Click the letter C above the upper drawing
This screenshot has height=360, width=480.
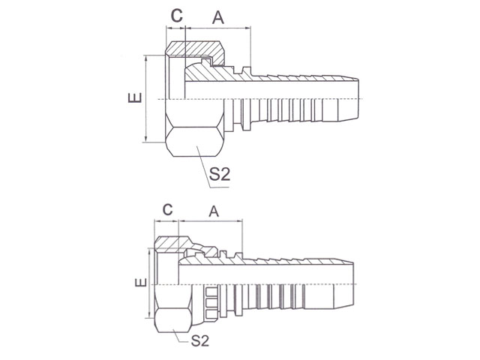pyautogui.click(x=177, y=16)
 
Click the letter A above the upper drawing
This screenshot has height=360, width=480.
pyautogui.click(x=218, y=17)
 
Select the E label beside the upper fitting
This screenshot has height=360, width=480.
pyautogui.click(x=135, y=97)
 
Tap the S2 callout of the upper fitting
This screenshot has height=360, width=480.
pyautogui.click(x=220, y=174)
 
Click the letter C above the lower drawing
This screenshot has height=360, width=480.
pyautogui.click(x=167, y=210)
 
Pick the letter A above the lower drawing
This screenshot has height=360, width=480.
pyautogui.click(x=214, y=211)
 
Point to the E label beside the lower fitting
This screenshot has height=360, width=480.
pyautogui.click(x=141, y=282)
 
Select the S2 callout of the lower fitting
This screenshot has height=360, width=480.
pyautogui.click(x=200, y=340)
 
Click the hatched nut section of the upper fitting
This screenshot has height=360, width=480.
pyautogui.click(x=196, y=50)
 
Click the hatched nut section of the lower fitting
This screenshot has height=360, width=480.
pyautogui.click(x=172, y=244)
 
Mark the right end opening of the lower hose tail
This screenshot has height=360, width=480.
pyautogui.click(x=353, y=284)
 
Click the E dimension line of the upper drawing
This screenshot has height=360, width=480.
pyautogui.click(x=146, y=99)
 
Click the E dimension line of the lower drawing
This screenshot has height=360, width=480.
pyautogui.click(x=149, y=283)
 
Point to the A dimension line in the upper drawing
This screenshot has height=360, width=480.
pyautogui.click(x=218, y=28)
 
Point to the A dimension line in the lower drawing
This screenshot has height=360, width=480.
pyautogui.click(x=210, y=220)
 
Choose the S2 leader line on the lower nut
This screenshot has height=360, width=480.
pyautogui.click(x=180, y=337)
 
